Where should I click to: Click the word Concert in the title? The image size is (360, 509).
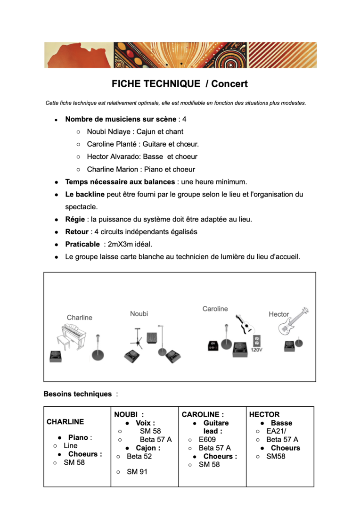[229, 84]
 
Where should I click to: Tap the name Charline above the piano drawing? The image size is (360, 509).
[80, 318]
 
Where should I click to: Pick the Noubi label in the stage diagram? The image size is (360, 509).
[139, 313]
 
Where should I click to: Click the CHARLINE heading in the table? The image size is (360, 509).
[65, 422]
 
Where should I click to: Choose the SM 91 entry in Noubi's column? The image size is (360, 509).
[137, 472]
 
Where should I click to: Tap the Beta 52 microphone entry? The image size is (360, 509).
[139, 456]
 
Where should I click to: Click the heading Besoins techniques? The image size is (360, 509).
[78, 394]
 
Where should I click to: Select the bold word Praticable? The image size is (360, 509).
[82, 245]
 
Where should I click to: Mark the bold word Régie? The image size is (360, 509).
[75, 219]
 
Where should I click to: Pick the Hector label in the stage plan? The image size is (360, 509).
[278, 314]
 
